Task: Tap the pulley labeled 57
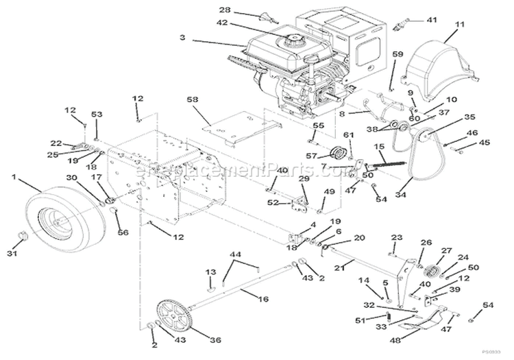[x=339, y=152]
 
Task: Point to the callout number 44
[x=236, y=254]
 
